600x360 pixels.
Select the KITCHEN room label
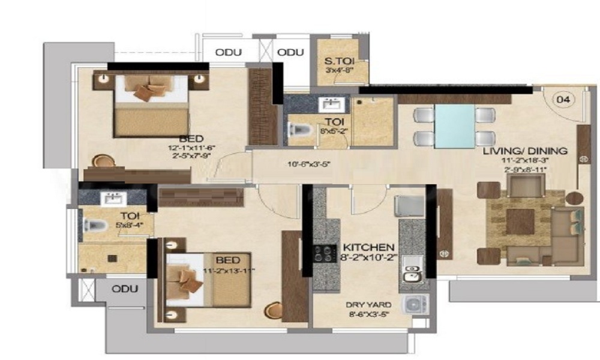(368, 247)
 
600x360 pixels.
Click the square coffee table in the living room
(520, 222)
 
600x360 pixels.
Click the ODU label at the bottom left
(125, 289)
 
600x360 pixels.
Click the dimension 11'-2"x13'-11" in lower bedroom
(229, 271)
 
